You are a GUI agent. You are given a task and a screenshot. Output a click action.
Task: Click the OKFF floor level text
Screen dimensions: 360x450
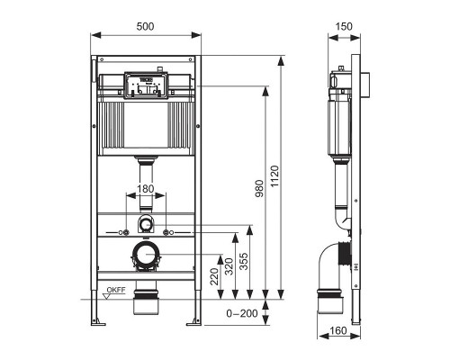click(115, 290)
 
